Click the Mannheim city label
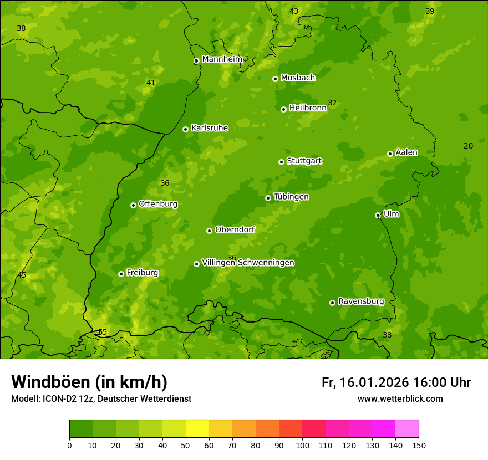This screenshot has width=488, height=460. click(222, 59)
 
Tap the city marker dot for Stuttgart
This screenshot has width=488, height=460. click(282, 162)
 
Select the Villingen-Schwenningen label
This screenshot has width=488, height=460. click(248, 263)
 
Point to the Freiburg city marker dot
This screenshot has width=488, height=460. click(121, 274)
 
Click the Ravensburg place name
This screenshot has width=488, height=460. click(361, 301)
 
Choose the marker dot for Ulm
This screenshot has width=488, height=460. click(378, 215)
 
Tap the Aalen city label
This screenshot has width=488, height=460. click(406, 152)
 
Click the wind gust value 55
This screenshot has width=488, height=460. click(102, 332)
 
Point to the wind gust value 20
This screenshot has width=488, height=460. click(468, 146)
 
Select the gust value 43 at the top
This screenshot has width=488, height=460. click(294, 11)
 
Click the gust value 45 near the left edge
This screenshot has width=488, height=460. click(22, 275)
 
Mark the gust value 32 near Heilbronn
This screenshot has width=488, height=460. click(332, 103)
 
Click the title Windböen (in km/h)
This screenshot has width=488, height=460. click(89, 382)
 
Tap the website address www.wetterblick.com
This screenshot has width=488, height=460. click(400, 398)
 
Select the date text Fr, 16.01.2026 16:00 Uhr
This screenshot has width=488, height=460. click(396, 382)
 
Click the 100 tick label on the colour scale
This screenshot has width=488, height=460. click(302, 445)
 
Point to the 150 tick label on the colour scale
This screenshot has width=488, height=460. click(418, 445)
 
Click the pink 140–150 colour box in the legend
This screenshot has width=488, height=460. click(407, 429)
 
